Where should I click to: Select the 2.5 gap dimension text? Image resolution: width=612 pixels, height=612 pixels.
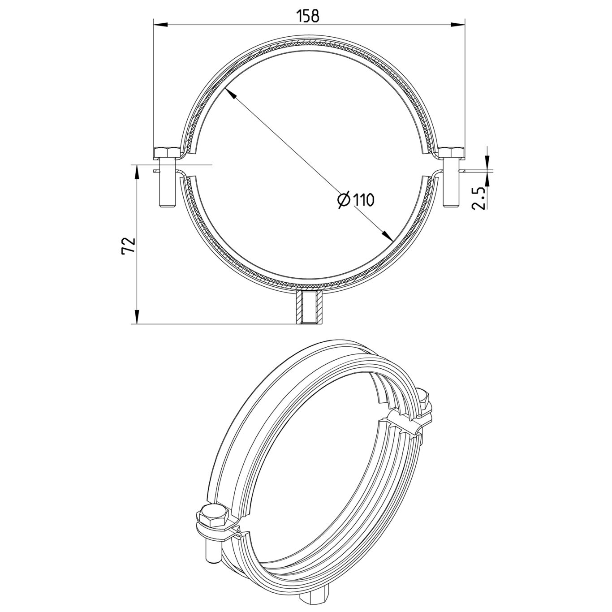[479, 198]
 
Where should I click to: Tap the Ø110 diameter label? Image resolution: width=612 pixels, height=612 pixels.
[355, 200]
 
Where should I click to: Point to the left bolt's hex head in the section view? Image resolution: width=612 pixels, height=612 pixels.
[167, 153]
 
